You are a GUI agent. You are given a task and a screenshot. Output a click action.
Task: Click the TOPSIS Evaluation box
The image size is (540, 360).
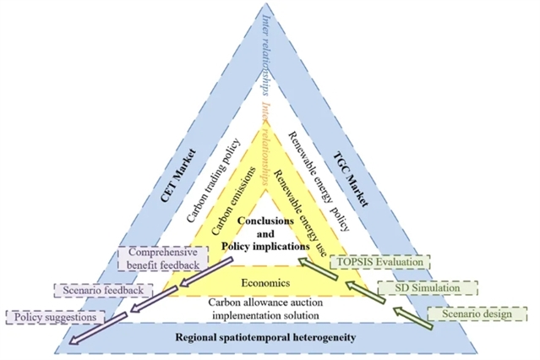379,263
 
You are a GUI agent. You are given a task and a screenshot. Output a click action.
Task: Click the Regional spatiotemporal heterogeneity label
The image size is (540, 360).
269,338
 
